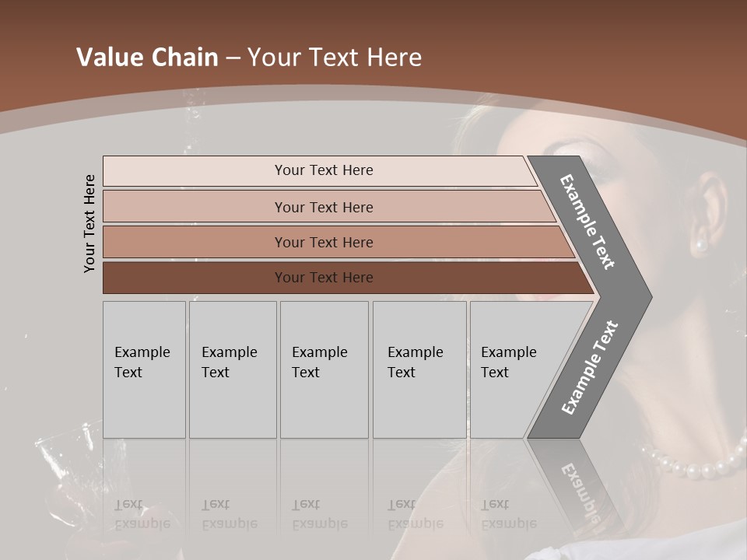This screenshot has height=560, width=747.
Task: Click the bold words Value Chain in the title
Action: [x=147, y=58]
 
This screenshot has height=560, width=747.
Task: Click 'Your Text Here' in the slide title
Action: [x=335, y=58]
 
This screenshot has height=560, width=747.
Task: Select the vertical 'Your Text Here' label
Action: [x=89, y=223]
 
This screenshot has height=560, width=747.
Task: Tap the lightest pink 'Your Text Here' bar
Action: [x=323, y=170]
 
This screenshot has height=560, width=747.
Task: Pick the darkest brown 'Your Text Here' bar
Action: [x=323, y=278]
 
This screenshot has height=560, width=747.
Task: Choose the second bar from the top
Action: [x=323, y=207]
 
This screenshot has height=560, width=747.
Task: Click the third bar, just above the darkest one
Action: [x=323, y=242]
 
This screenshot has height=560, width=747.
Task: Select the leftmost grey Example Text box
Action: [x=144, y=369]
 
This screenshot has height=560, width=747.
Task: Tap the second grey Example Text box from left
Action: [x=232, y=369]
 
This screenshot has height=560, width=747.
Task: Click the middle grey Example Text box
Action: [x=324, y=369]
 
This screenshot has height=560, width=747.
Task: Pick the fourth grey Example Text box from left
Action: [x=419, y=369]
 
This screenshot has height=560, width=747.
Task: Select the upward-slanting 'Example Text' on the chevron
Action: [x=590, y=367]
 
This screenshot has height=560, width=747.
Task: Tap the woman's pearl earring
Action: [x=700, y=246]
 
